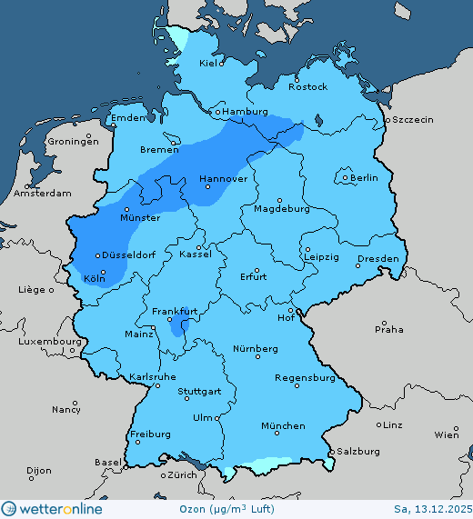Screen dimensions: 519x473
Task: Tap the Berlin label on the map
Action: (x=364, y=177)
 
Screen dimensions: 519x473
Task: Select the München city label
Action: (x=282, y=425)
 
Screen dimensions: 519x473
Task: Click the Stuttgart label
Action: (x=199, y=392)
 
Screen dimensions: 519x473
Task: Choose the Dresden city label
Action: (x=377, y=259)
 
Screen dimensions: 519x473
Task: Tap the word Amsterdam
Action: (x=43, y=194)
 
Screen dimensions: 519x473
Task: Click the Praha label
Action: (x=389, y=329)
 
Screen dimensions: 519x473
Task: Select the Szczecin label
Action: (x=412, y=119)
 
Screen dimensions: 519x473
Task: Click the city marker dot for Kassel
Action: (x=199, y=246)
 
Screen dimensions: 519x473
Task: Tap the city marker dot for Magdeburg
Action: (x=280, y=200)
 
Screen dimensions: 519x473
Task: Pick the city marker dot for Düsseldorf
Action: (x=97, y=255)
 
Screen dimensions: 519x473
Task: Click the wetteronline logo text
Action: (x=60, y=509)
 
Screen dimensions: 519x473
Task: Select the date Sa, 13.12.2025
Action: (x=432, y=509)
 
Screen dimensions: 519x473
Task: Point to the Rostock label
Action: (x=307, y=86)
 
